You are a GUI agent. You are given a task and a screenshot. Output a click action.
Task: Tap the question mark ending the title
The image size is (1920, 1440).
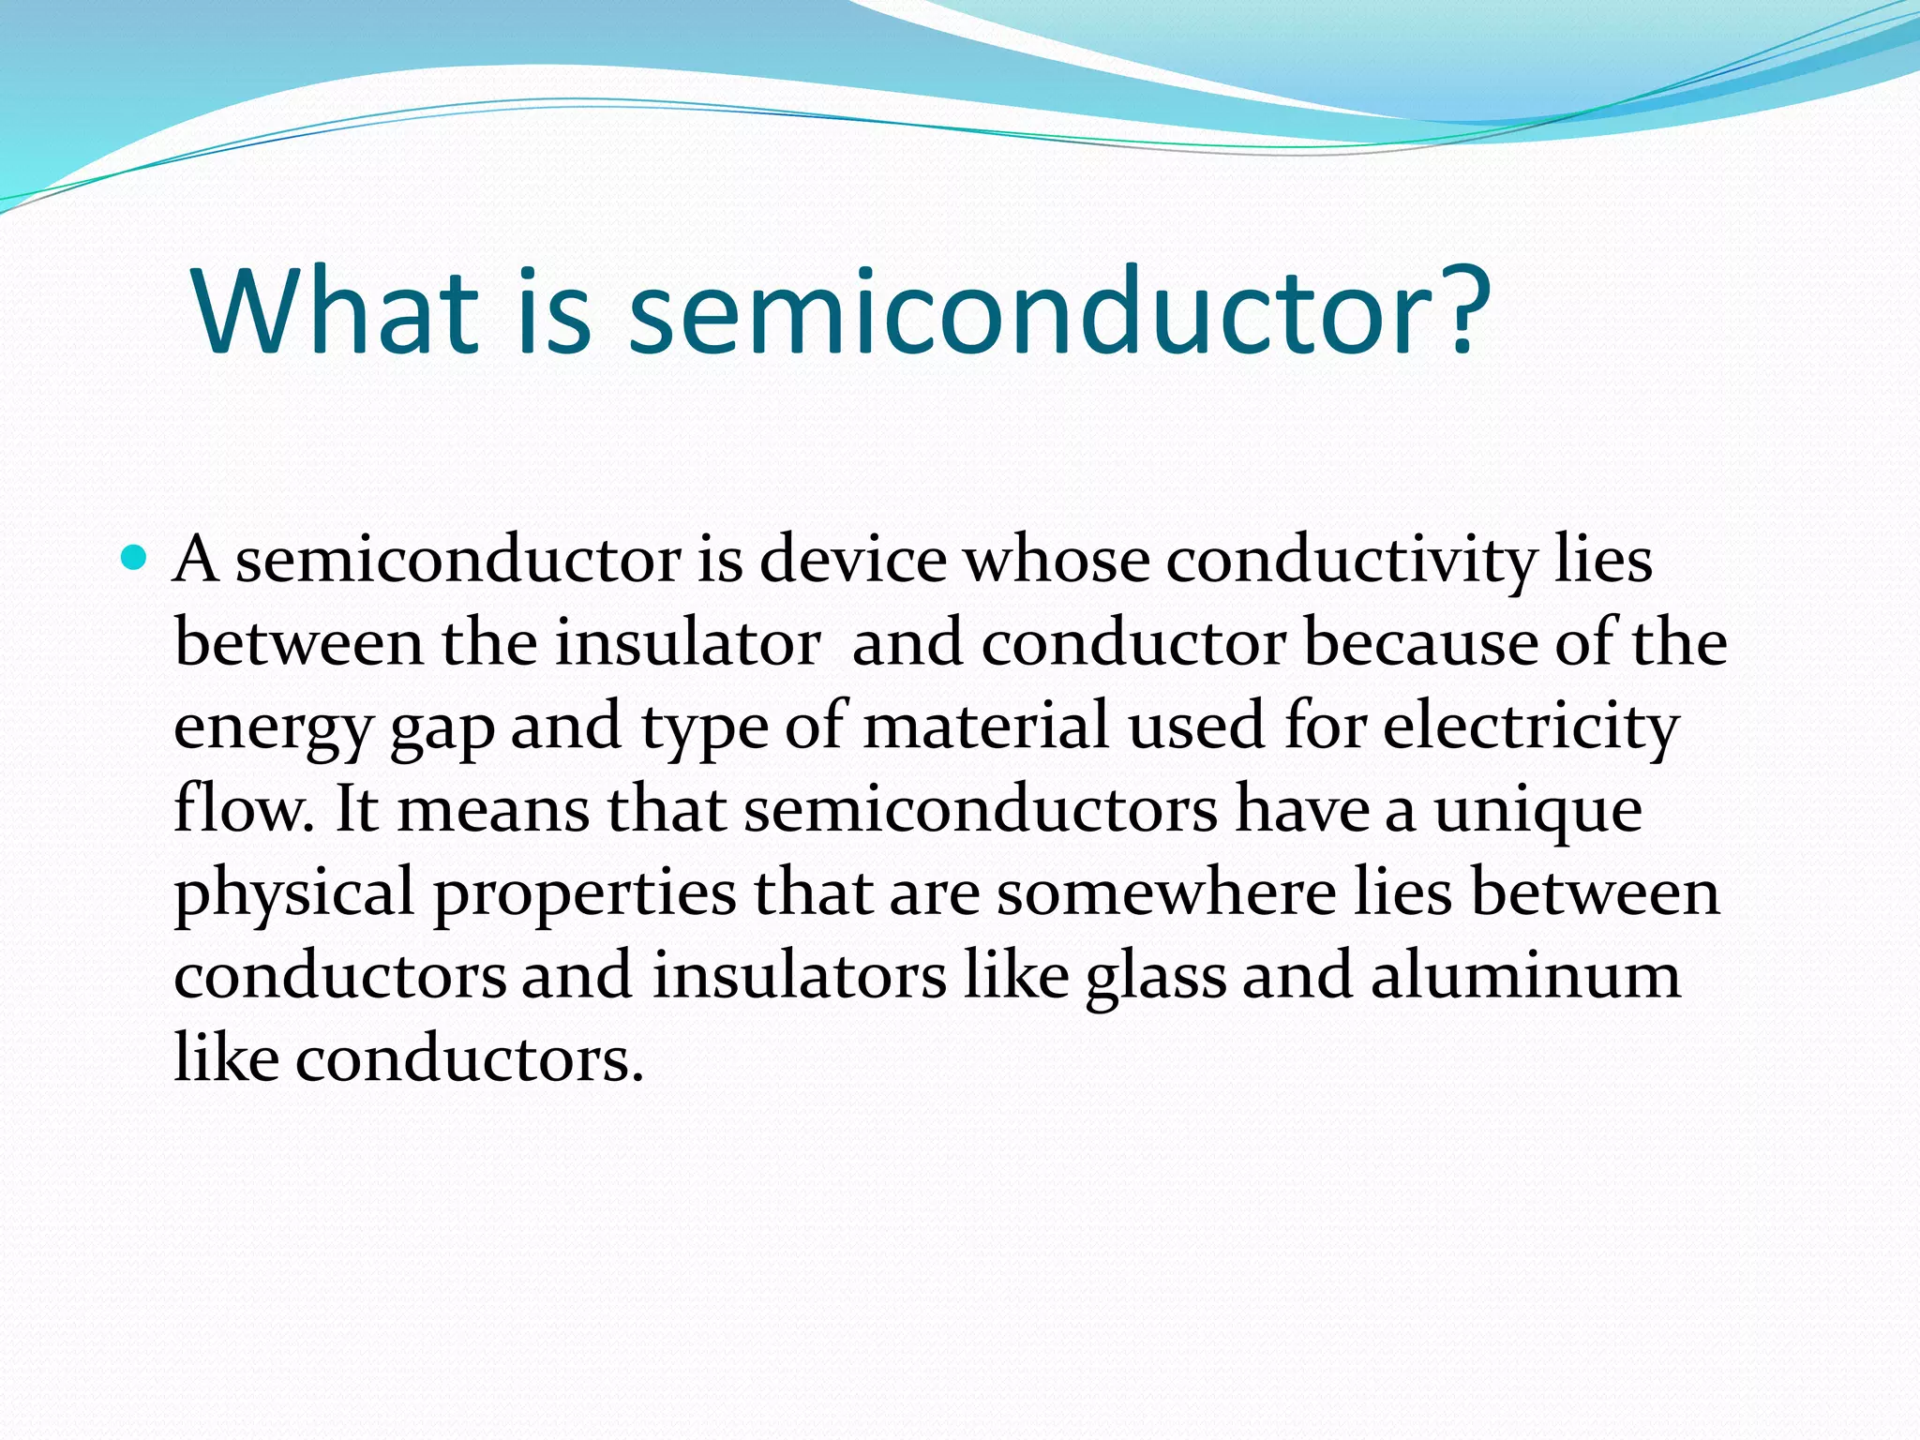tap(1456, 311)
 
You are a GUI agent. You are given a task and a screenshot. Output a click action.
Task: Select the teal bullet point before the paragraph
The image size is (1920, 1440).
tap(135, 560)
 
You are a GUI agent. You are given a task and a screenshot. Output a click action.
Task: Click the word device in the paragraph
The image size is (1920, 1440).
tap(852, 561)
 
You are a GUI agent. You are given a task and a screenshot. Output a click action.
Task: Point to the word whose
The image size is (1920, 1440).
tap(1057, 561)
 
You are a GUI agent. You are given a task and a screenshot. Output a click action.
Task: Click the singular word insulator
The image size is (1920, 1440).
tap(687, 643)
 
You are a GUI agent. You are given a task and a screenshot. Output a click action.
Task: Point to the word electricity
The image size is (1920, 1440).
tap(1530, 728)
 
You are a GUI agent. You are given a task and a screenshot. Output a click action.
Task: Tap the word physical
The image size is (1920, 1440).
tap(293, 894)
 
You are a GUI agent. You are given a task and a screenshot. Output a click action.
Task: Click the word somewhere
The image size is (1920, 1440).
tap(1165, 892)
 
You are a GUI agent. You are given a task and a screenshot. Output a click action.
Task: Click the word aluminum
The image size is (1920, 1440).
tap(1525, 976)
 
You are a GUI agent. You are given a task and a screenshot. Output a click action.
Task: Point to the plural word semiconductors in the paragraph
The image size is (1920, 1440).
tap(981, 810)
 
